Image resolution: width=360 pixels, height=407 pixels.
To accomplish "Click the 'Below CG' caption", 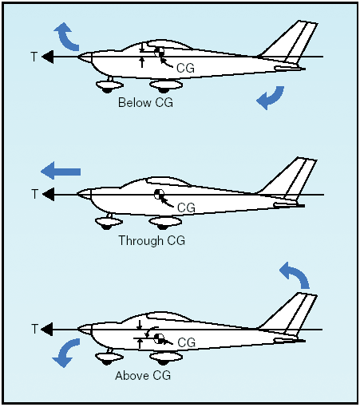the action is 145,103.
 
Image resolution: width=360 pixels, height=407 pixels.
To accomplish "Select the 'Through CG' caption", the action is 152,240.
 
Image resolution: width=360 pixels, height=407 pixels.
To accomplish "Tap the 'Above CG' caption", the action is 143,376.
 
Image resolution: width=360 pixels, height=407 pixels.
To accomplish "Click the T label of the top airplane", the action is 34,57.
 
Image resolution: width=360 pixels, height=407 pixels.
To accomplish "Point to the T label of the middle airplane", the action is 34,194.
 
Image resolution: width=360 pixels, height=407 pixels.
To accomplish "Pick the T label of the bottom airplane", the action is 34,329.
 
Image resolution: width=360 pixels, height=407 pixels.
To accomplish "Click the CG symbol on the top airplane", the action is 159,52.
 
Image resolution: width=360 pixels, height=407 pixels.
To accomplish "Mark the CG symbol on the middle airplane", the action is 159,194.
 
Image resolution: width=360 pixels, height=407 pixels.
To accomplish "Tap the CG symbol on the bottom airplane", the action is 159,338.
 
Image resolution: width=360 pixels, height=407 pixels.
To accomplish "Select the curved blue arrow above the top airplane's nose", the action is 66,37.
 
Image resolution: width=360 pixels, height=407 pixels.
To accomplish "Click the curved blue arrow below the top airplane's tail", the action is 272,97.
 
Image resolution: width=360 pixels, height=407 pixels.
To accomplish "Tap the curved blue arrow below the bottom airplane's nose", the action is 66,353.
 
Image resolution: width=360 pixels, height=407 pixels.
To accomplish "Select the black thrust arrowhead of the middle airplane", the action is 49,194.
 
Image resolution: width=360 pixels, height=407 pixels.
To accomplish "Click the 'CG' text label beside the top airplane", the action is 185,68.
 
